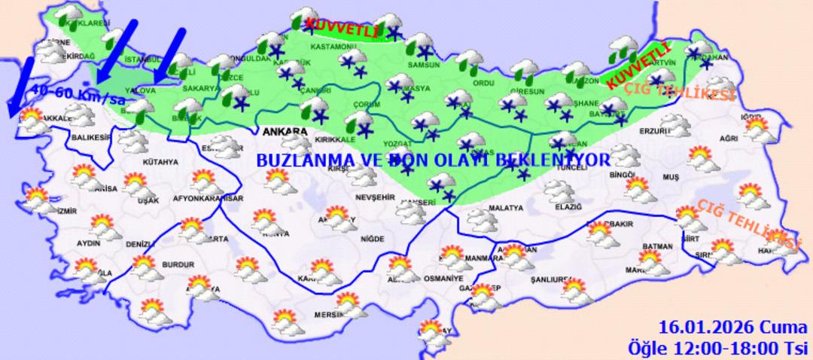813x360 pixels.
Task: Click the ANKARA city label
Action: [x=285, y=132]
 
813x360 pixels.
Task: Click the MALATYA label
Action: [x=505, y=208]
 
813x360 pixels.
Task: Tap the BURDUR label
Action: [x=178, y=265]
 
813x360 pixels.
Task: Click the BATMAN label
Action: [x=657, y=246]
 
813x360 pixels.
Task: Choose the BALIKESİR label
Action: [x=90, y=137]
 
